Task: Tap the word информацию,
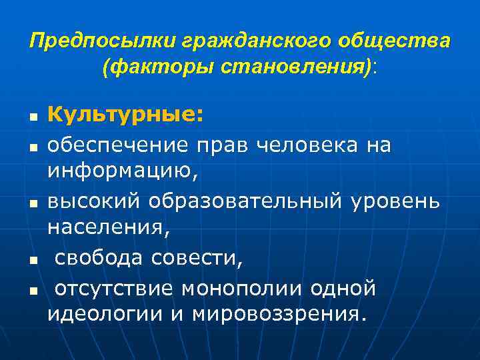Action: [123, 173]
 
